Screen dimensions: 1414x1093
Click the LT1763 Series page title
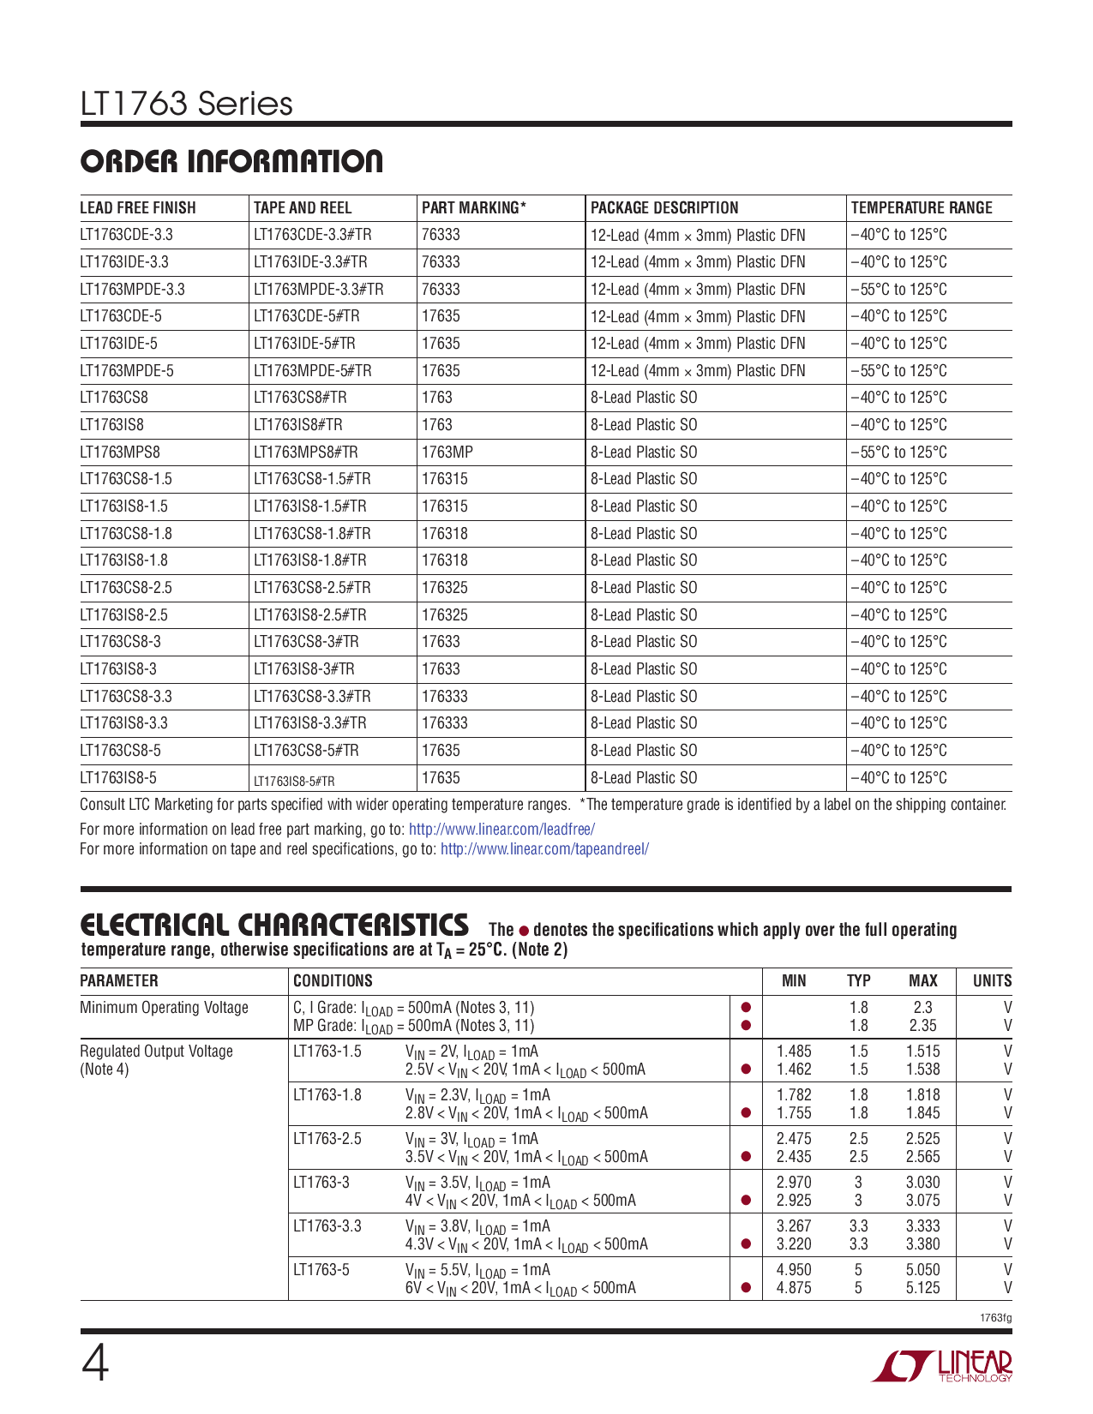coord(186,104)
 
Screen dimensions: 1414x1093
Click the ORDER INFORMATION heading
coord(231,161)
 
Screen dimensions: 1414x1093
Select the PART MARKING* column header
coord(473,207)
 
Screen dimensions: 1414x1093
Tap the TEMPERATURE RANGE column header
coord(921,207)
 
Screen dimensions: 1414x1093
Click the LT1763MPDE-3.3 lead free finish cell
coord(132,289)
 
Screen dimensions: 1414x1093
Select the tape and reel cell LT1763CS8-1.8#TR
coord(312,533)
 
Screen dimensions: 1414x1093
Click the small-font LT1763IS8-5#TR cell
coord(294,781)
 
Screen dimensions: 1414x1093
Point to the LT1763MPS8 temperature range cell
coord(898,452)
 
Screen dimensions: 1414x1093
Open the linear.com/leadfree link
coord(501,829)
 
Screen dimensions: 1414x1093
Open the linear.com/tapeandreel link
coord(544,848)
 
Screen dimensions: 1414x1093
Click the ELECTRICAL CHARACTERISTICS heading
coord(274,925)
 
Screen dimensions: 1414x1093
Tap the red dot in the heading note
coord(524,931)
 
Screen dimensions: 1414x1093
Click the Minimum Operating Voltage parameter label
coord(164,1007)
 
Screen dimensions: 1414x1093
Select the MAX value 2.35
coord(922,1025)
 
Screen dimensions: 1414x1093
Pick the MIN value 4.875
coord(793,1287)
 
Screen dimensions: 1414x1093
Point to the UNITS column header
coord(992,980)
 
